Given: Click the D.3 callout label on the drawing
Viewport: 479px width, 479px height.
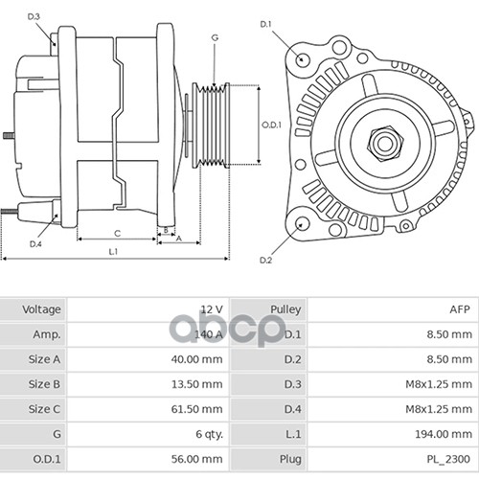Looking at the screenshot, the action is pyautogui.click(x=34, y=16).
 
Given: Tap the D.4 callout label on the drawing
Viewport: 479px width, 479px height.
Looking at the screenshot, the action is pyautogui.click(x=35, y=244).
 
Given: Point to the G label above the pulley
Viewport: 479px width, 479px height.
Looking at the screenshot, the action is pyautogui.click(x=215, y=37).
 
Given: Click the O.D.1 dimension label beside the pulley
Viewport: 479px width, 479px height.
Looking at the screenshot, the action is pyautogui.click(x=271, y=125).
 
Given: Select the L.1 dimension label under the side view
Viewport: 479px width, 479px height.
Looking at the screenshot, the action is pyautogui.click(x=113, y=252).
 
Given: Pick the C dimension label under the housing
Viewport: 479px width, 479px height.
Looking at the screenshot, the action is pyautogui.click(x=118, y=234).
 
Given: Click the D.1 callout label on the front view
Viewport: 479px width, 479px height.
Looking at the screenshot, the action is pyautogui.click(x=265, y=24).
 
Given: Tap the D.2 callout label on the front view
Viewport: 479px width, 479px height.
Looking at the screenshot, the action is pyautogui.click(x=265, y=260).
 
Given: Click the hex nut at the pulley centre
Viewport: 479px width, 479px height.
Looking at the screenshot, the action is pyautogui.click(x=385, y=144).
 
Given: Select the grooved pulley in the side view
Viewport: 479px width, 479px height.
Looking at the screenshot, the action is pyautogui.click(x=211, y=125).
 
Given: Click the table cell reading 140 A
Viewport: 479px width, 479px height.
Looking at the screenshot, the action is pyautogui.click(x=209, y=334).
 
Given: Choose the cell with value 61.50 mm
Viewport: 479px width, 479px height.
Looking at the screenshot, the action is pyautogui.click(x=196, y=409).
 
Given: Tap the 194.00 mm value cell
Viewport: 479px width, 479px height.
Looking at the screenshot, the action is pyautogui.click(x=444, y=434).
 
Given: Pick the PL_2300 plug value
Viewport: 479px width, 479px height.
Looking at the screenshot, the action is pyautogui.click(x=448, y=459).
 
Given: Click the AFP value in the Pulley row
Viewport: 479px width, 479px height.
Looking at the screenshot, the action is pyautogui.click(x=460, y=309).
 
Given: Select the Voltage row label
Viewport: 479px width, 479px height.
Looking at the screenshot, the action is pyautogui.click(x=41, y=309).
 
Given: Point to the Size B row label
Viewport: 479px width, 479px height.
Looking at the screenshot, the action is pyautogui.click(x=44, y=384).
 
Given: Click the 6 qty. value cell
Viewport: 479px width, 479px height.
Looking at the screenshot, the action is pyautogui.click(x=209, y=434).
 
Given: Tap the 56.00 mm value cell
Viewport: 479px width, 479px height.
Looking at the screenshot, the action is pyautogui.click(x=196, y=459).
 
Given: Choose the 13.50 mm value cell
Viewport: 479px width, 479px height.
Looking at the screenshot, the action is pyautogui.click(x=197, y=384).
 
